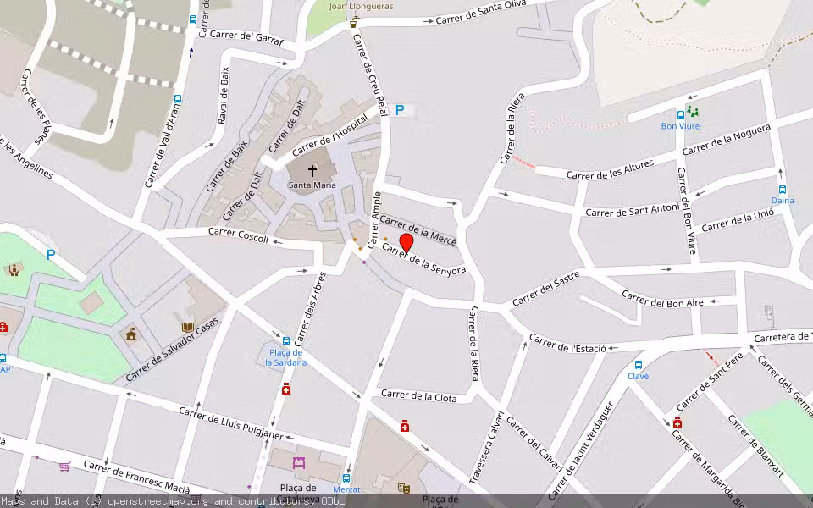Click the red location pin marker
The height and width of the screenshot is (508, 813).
[406, 243]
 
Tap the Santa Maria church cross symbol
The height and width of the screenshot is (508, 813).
[312, 170]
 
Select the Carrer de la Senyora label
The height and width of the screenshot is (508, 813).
[423, 259]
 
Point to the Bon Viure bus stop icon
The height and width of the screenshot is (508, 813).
[680, 114]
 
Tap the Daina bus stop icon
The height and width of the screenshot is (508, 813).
[783, 190]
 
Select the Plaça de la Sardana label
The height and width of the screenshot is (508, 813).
[286, 357]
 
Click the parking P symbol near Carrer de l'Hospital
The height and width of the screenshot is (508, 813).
[400, 110]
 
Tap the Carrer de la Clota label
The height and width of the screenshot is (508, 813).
[418, 396]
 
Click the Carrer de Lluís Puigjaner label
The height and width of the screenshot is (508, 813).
[230, 422]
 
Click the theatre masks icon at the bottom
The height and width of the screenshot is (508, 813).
[404, 489]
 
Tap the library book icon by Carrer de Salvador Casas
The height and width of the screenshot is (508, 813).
[187, 326]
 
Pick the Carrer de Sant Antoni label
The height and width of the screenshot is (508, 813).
[632, 209]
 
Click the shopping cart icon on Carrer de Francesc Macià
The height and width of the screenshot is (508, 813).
[64, 466]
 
